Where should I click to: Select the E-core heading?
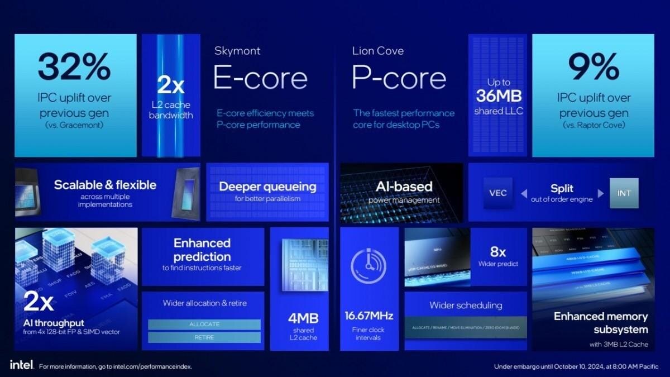[260, 79]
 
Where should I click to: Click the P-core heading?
[399, 79]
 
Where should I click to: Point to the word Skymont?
[237, 51]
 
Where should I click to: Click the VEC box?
[497, 193]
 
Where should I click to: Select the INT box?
[624, 193]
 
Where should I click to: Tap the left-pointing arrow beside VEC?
[524, 194]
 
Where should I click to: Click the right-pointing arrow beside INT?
[601, 194]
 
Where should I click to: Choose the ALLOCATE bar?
[204, 324]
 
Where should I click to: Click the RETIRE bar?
[204, 337]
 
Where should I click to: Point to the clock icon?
[368, 266]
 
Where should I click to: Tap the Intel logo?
[22, 365]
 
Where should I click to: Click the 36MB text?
[499, 96]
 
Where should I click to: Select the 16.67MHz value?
[368, 316]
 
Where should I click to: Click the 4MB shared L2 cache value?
[304, 318]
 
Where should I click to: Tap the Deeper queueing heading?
[267, 187]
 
